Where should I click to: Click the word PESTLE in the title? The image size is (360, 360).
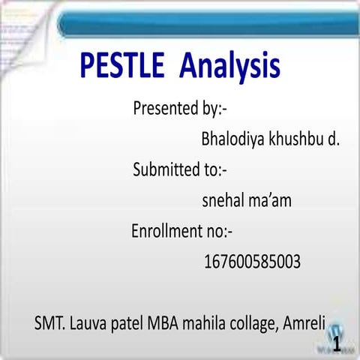pos(122,66)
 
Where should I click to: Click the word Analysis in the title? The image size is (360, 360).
pos(230,66)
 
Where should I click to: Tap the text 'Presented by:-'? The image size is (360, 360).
pos(180,109)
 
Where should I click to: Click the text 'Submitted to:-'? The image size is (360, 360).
pos(179,169)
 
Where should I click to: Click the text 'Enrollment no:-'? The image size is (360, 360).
pos(183,230)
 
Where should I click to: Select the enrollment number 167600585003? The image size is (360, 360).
pos(252,262)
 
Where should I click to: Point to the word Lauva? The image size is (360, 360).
pos(90,325)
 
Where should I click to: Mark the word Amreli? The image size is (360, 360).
pos(303,325)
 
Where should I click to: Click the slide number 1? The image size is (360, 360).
pos(337,344)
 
